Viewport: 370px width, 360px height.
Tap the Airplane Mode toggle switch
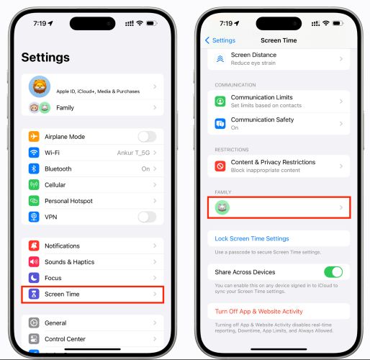147,137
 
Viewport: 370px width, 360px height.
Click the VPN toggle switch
147,217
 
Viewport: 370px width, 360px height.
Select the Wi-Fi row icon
34,153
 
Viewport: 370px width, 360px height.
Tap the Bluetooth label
58,168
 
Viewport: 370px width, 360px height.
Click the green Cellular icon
34,184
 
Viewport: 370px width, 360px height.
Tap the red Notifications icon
34,246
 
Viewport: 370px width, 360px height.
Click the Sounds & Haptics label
69,262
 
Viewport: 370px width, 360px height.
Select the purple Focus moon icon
34,278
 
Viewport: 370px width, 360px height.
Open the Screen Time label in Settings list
62,294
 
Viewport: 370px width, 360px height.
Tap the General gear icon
34,323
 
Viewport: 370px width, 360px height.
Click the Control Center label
65,339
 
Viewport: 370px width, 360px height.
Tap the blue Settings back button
220,40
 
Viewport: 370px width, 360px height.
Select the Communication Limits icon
220,102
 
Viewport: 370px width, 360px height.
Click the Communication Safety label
262,120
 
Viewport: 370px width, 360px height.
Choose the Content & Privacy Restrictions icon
220,166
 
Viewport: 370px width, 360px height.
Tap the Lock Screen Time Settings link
252,238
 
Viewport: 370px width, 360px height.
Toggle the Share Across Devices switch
333,272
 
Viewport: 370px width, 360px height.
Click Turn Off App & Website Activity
258,312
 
